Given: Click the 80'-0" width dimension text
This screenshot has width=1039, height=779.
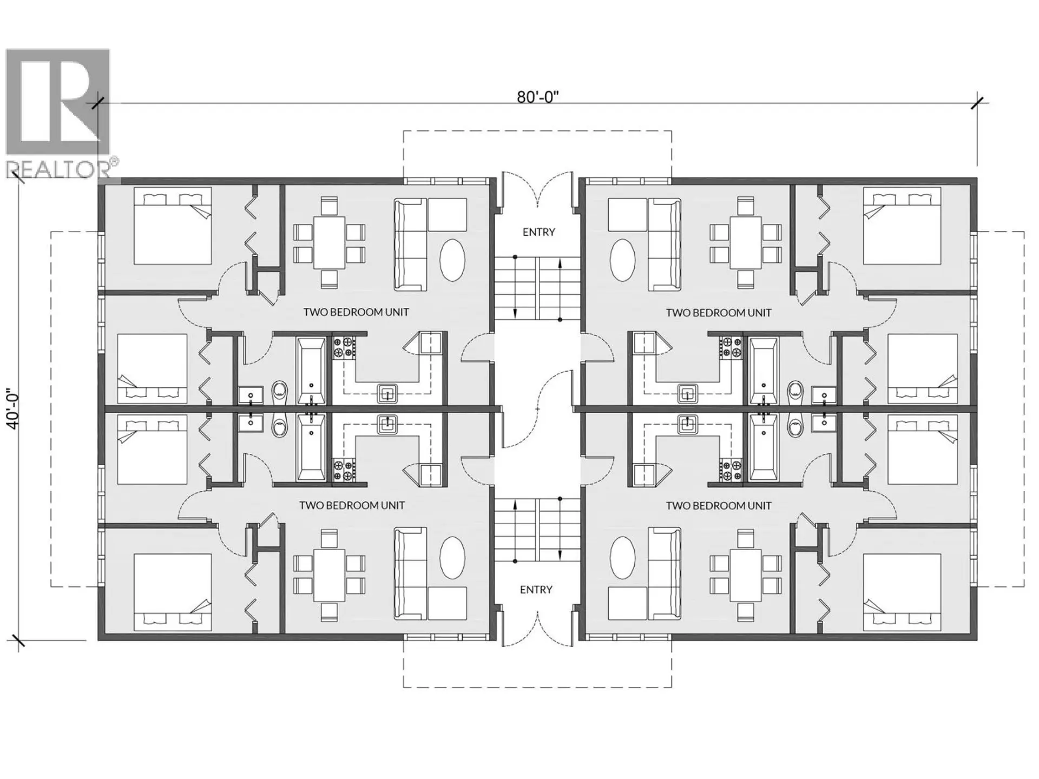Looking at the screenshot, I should (x=537, y=97).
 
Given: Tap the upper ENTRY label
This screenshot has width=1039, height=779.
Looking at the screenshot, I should (x=538, y=232).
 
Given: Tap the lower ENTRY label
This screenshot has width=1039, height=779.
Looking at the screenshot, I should (x=536, y=590).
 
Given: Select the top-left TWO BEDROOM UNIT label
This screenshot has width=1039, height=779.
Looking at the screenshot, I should (x=356, y=312).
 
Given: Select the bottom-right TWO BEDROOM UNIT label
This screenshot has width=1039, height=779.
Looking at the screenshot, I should (x=718, y=506).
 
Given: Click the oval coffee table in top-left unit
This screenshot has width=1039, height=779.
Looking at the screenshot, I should (x=452, y=260).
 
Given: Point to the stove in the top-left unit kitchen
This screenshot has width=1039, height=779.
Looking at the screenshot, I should (x=343, y=348).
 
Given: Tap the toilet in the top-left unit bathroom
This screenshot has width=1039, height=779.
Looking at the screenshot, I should (x=280, y=391).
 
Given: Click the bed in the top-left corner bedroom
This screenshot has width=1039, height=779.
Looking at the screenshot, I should (x=173, y=226).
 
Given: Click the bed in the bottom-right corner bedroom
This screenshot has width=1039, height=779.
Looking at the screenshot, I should (x=902, y=592).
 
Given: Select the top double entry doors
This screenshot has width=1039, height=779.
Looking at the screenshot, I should (x=537, y=189).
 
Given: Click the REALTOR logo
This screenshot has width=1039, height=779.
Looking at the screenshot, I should (x=58, y=114).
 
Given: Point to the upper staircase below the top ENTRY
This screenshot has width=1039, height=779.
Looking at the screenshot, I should (x=537, y=288).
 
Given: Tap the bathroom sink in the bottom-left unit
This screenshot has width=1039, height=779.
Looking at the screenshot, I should (x=251, y=424).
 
